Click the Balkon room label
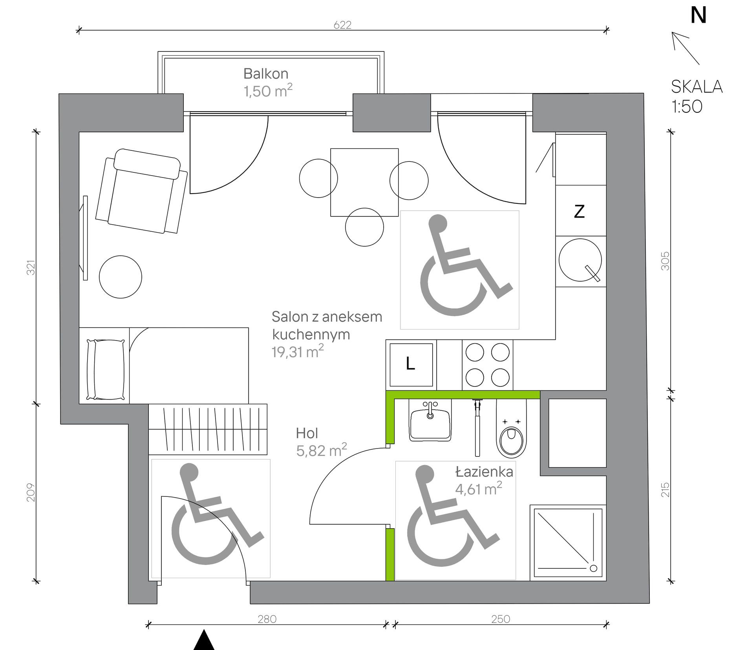266,74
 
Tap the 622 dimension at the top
342,25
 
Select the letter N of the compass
698,15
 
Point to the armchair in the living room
141,191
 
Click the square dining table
364,182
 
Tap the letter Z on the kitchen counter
579,211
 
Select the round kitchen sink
580,260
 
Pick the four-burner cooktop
487,365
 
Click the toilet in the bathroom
511,429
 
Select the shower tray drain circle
593,568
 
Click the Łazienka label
484,472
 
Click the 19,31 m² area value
298,352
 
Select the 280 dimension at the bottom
267,619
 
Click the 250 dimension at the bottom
501,619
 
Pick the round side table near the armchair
121,277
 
